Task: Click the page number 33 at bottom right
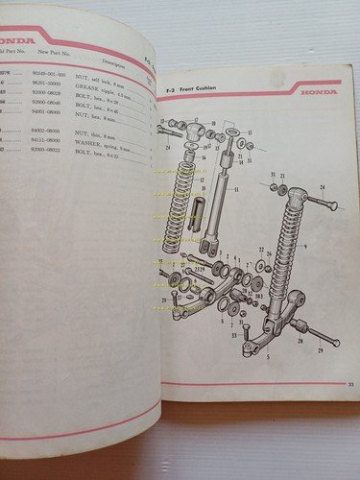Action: point(338,384)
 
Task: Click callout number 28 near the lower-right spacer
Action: point(300,341)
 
